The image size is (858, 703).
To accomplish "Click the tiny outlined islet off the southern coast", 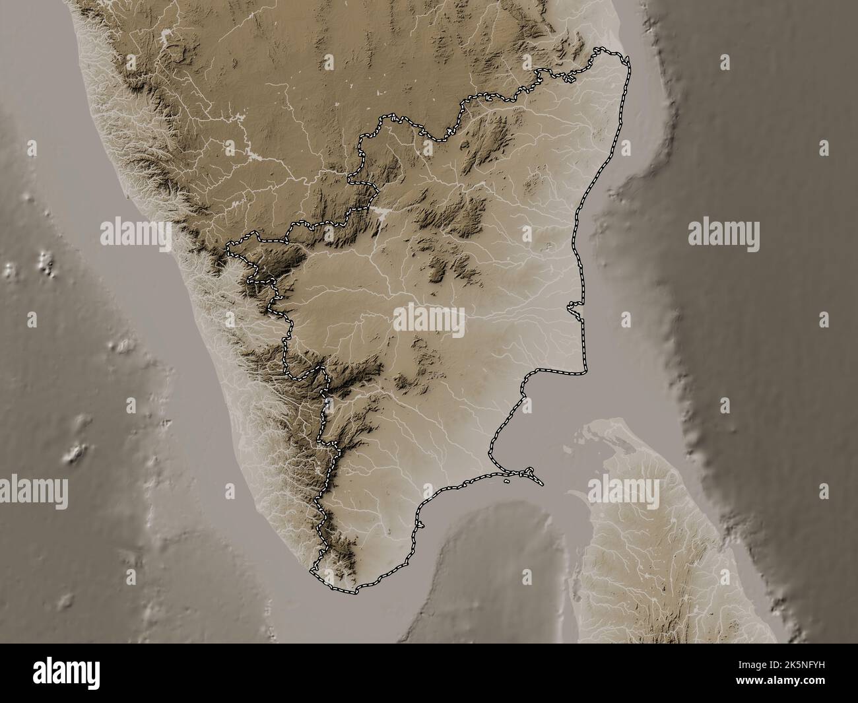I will [x=506, y=481].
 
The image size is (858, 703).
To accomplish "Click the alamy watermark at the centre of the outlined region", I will [x=429, y=321].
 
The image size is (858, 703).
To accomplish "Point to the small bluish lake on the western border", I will [x=328, y=401].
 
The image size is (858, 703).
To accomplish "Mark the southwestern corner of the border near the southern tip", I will [x=314, y=568].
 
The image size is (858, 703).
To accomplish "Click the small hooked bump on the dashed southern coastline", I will [x=417, y=524].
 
